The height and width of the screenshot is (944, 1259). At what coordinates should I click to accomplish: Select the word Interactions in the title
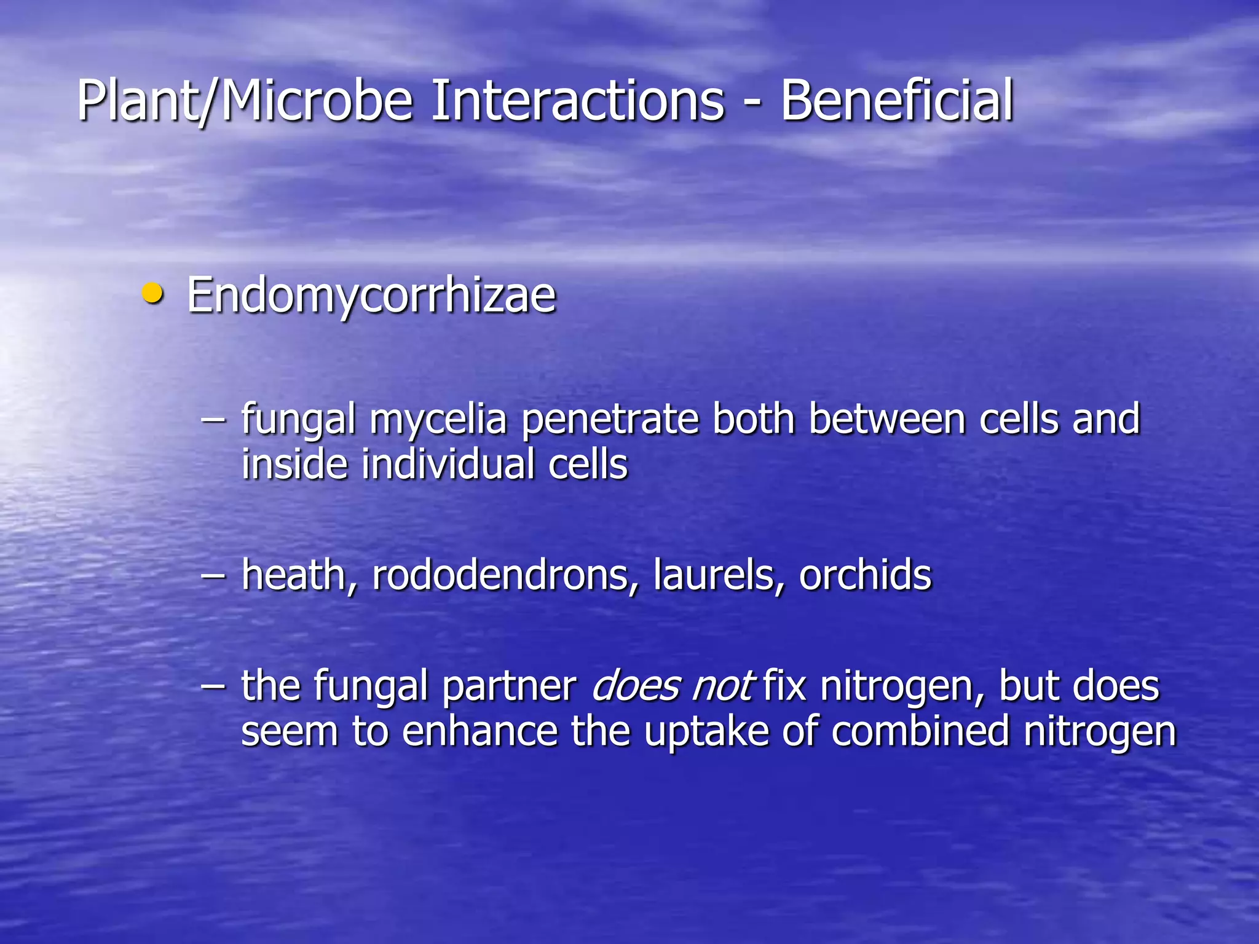tap(577, 100)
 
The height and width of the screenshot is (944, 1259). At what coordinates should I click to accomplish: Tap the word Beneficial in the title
tap(897, 100)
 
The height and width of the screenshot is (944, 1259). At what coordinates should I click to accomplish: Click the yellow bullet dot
tap(152, 293)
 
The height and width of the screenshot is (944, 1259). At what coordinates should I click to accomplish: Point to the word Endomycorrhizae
tap(371, 297)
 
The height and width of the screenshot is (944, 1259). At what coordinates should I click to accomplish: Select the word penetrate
tap(610, 420)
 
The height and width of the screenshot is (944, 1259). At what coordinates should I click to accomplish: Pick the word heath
tap(293, 576)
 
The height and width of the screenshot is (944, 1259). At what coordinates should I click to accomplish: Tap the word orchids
tap(865, 576)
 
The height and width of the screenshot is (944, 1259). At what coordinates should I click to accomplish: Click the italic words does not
tap(672, 686)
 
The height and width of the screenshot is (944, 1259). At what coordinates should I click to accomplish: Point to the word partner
tap(509, 687)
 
